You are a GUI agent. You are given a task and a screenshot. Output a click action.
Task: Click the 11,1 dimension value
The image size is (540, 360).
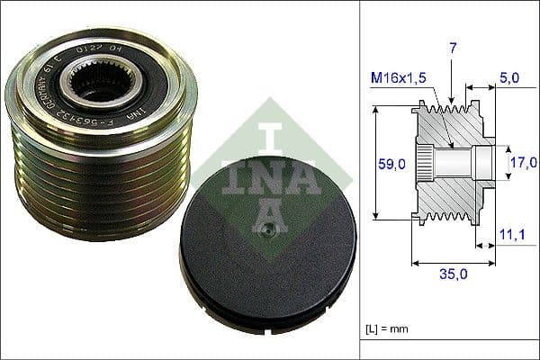coord(510,235)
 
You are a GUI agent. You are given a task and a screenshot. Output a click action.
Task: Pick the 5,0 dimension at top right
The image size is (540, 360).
coord(508,79)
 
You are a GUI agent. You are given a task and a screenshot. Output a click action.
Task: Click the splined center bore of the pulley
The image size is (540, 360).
coord(96,88)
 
